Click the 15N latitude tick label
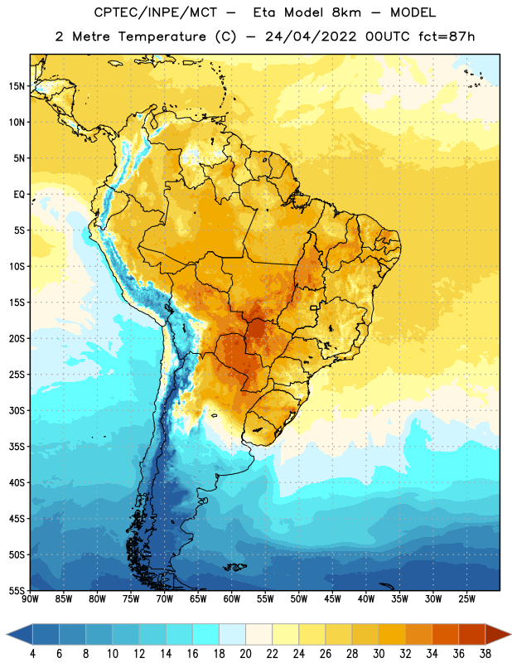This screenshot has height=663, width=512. pyautogui.click(x=17, y=86)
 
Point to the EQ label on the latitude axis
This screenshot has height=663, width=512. pyautogui.click(x=19, y=195)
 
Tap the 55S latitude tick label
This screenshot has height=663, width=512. pyautogui.click(x=17, y=590)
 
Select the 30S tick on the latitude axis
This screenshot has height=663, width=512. pyautogui.click(x=17, y=410)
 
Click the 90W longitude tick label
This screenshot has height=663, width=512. pyautogui.click(x=30, y=598)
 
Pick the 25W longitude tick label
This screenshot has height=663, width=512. pyautogui.click(x=466, y=598)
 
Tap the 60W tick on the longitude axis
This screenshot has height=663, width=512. pyautogui.click(x=232, y=598)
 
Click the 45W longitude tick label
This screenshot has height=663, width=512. pyautogui.click(x=332, y=598)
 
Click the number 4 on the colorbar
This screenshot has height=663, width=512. pyautogui.click(x=32, y=654)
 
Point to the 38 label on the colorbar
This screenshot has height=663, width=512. pyautogui.click(x=485, y=654)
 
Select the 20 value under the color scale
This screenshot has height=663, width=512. pyautogui.click(x=245, y=654)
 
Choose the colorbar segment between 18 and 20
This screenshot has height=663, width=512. pyautogui.click(x=232, y=634)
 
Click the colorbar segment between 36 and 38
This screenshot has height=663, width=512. pyautogui.click(x=472, y=634)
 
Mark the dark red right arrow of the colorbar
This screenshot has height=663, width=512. pyautogui.click(x=498, y=634)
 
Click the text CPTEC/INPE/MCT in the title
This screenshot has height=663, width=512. pyautogui.click(x=155, y=12)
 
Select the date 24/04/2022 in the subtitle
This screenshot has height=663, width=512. pyautogui.click(x=311, y=36)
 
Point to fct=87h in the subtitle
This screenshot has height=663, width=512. pyautogui.click(x=447, y=36)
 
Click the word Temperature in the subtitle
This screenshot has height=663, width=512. pyautogui.click(x=162, y=36)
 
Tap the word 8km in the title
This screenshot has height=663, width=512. pyautogui.click(x=346, y=12)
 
